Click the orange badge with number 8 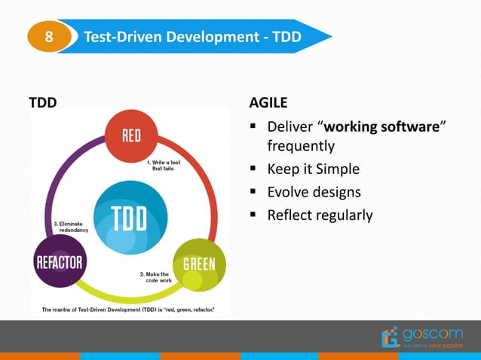pos(49,36)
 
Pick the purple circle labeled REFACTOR pos(59,263)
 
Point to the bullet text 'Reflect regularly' pos(320,215)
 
